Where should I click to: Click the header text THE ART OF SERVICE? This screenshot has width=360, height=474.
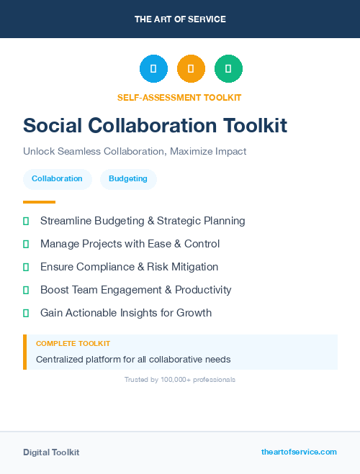180,19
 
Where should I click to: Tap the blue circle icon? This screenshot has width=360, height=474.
153,69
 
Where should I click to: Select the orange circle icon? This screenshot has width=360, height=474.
191,69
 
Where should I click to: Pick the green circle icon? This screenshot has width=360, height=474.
228,69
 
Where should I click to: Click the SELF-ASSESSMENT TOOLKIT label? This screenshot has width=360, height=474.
179,97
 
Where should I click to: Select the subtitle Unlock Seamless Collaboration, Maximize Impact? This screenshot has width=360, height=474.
135,152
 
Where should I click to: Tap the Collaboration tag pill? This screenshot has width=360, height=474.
57,178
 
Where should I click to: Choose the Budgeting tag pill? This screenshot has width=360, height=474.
128,178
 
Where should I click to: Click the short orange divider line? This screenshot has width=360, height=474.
39,202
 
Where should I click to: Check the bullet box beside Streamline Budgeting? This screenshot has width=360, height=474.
26,221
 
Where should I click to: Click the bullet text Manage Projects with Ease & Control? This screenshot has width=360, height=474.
130,244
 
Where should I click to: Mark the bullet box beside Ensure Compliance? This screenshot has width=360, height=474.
26,267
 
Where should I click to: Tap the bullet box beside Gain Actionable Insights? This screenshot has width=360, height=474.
26,313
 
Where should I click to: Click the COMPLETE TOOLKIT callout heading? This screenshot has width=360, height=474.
73,344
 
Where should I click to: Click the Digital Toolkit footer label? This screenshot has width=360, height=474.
51,452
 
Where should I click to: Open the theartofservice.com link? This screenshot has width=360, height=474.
299,452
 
